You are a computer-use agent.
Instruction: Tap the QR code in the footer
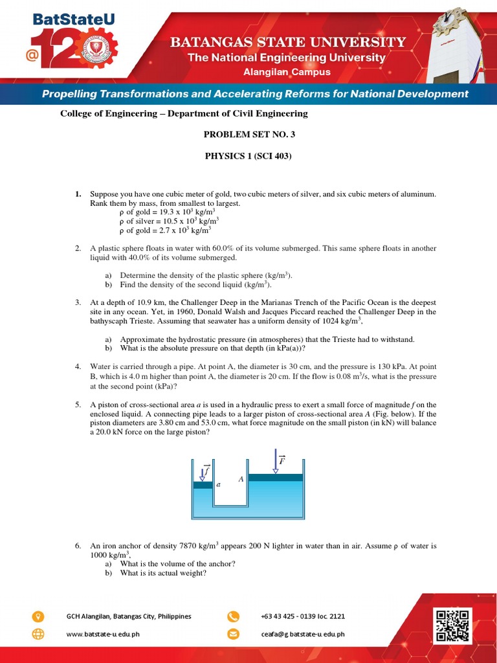tap(452, 625)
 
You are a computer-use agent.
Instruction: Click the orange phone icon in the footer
tap(233, 616)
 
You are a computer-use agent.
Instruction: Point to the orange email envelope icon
tap(233, 634)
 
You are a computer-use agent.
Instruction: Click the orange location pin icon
tap(39, 616)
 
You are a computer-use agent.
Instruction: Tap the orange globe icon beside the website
tap(39, 634)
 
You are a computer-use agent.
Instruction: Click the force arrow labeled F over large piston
tap(277, 460)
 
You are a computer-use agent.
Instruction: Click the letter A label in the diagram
tap(241, 479)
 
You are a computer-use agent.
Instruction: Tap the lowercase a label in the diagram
tap(219, 484)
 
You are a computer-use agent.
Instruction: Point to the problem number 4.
tap(77, 366)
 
